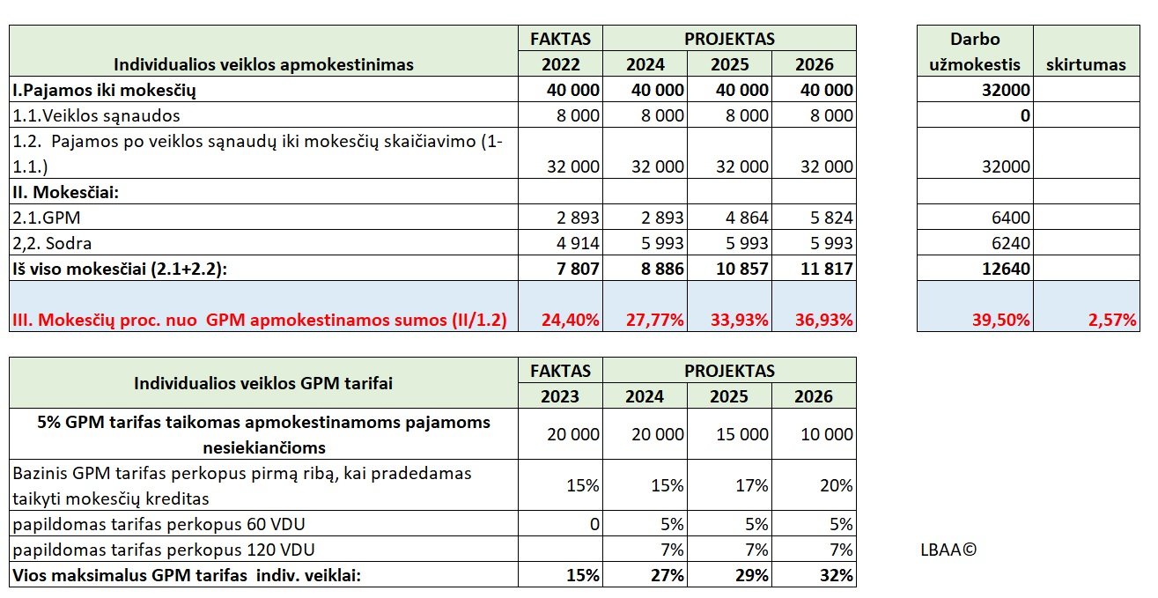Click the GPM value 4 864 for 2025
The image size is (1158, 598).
[x=743, y=218]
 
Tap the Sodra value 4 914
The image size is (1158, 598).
[x=574, y=243]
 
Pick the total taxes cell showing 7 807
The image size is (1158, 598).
[x=574, y=269]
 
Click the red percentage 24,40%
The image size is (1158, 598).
[x=572, y=320]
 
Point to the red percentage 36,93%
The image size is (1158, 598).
[x=825, y=320]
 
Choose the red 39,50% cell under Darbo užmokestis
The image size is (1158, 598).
[x=1001, y=320]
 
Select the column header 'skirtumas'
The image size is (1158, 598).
[x=1086, y=64]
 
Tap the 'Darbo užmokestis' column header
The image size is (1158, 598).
[x=975, y=51]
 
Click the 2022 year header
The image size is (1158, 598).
[x=560, y=64]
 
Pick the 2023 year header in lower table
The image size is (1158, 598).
[x=560, y=395]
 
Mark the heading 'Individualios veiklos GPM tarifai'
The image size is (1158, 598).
[x=263, y=383]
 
